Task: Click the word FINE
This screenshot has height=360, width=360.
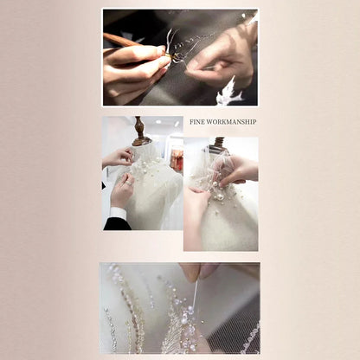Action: tap(197, 122)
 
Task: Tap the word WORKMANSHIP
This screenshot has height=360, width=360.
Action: tap(231, 122)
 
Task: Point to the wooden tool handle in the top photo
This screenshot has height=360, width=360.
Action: tap(121, 40)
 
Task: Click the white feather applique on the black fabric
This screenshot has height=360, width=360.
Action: tap(230, 92)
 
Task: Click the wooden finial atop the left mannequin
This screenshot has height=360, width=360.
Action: tap(141, 131)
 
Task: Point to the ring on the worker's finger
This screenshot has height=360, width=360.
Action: tap(129, 183)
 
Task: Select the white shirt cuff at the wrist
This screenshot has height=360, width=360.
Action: tap(119, 213)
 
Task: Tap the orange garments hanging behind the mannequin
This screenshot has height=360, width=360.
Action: tap(177, 158)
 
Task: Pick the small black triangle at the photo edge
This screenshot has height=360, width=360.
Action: tap(104, 186)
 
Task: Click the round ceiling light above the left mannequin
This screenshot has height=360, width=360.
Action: tap(158, 122)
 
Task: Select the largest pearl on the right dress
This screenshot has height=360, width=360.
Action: tap(220, 197)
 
